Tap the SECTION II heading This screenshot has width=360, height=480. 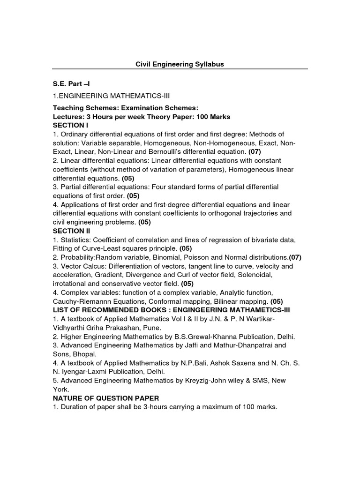tap(71, 231)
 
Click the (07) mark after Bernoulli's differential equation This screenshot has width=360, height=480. tap(255, 152)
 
